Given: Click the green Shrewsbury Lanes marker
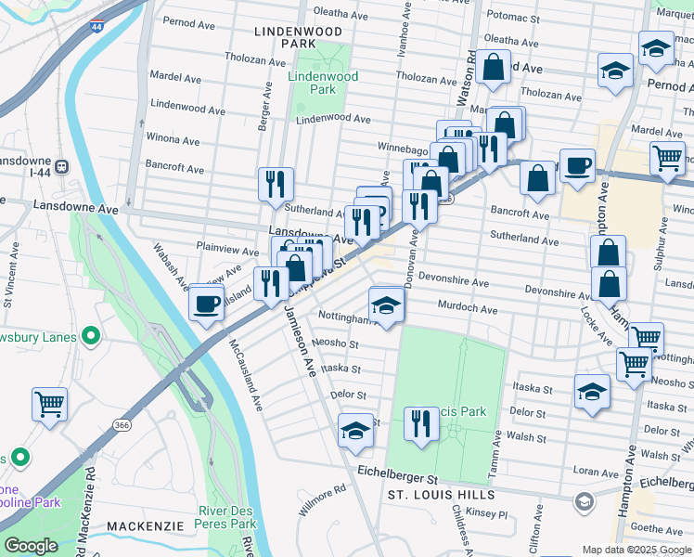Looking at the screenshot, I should (91, 335).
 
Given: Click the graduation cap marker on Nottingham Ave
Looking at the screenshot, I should (387, 304).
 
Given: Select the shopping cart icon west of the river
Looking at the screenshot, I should (50, 403).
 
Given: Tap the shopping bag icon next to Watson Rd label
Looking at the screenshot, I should (494, 67).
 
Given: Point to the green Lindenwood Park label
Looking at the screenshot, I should (312, 83).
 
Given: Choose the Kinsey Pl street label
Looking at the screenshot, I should (490, 513).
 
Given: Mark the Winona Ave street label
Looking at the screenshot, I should (173, 141).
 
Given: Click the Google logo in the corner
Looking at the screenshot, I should (31, 546).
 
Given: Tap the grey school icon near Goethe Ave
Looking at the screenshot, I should (584, 503).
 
